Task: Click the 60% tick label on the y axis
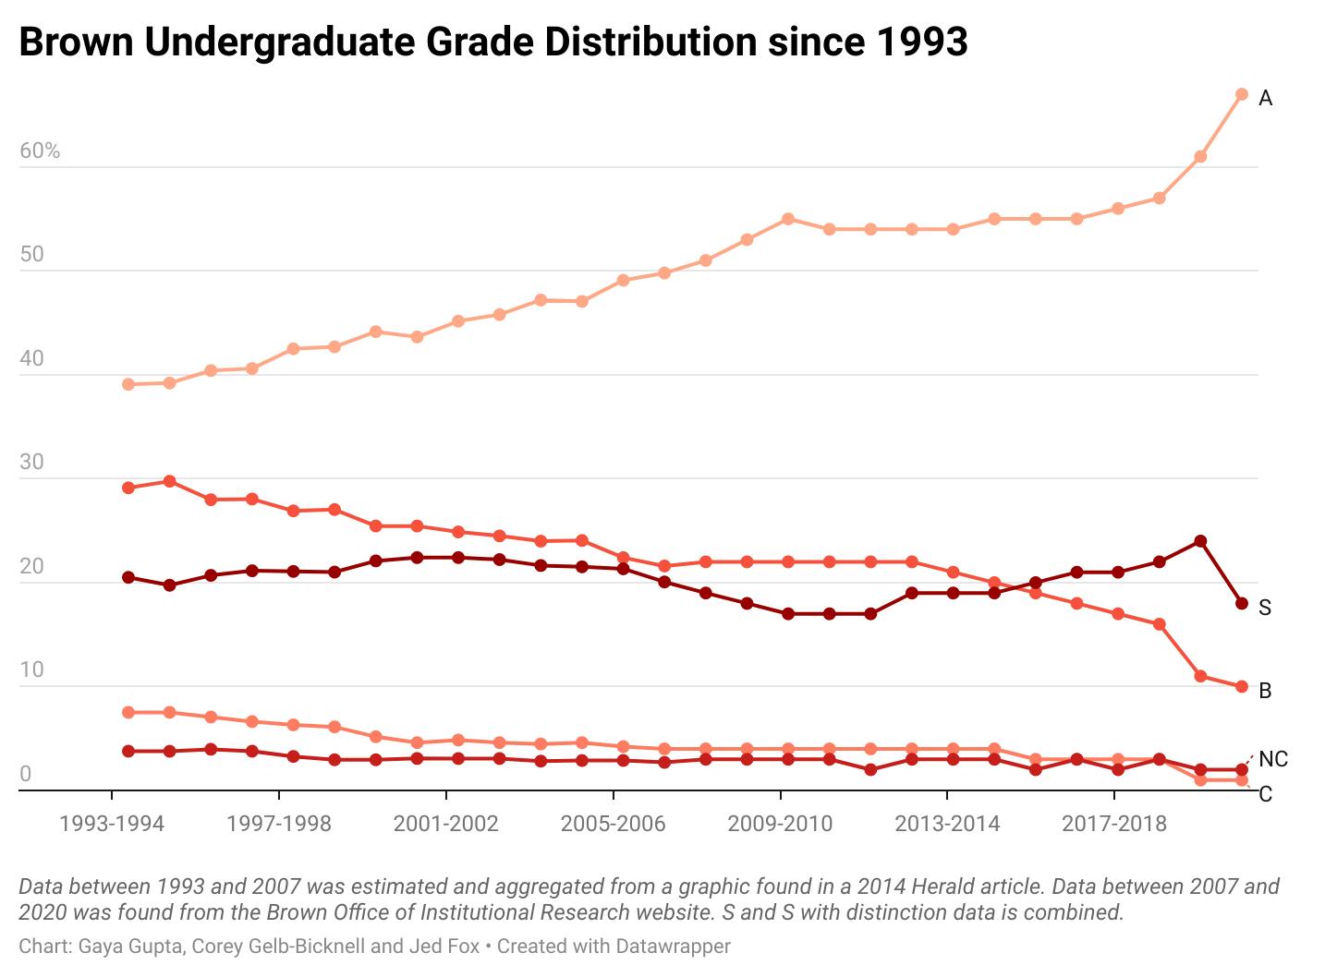click(40, 151)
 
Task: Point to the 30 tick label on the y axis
click(31, 462)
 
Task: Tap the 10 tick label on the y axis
click(31, 669)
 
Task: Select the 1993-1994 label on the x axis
click(112, 823)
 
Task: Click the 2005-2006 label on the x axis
click(613, 823)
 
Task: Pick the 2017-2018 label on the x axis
click(1113, 823)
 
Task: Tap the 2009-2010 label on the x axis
click(780, 823)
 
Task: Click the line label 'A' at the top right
click(1266, 98)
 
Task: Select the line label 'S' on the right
click(1265, 608)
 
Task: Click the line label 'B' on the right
click(1265, 691)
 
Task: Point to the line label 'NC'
click(1273, 759)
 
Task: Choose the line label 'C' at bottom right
click(1265, 794)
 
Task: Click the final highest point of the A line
click(1242, 94)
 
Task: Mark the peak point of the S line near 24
click(1200, 541)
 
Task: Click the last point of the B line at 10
click(1242, 687)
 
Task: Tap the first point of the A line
click(128, 384)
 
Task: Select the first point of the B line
click(128, 488)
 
